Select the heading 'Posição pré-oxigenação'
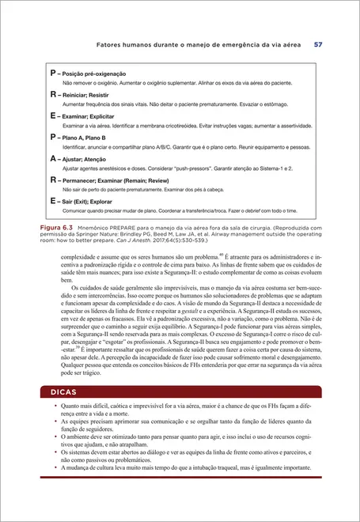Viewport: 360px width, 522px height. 90,73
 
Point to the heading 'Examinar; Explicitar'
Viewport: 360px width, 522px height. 87,115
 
